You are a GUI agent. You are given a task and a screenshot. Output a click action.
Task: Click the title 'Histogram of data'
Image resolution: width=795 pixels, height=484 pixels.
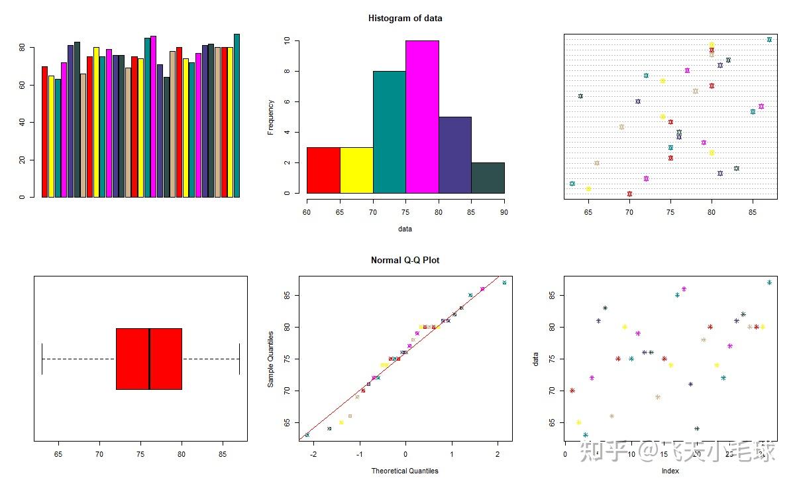pos(405,19)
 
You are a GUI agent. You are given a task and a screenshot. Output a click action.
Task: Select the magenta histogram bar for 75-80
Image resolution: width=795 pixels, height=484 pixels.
pos(422,117)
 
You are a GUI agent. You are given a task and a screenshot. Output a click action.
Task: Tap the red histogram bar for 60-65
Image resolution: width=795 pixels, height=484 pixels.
pos(323,170)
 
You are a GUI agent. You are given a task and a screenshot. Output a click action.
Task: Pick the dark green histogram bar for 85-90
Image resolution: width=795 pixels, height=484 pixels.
pos(488,178)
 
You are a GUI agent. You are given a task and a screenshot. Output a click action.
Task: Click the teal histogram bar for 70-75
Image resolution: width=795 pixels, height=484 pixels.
pos(389,132)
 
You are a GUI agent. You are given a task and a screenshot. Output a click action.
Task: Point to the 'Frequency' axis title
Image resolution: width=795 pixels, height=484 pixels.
pos(271,117)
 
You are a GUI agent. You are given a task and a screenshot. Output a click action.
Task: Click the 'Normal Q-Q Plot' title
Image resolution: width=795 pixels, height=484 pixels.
pos(405,261)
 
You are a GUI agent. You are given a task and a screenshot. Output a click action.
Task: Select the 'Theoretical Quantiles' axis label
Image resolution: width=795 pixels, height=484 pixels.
pos(405,471)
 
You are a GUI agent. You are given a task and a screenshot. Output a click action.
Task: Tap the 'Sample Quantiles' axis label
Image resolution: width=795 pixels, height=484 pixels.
pos(271,359)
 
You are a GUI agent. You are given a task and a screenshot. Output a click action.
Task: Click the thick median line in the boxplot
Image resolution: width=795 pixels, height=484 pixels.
pos(150,359)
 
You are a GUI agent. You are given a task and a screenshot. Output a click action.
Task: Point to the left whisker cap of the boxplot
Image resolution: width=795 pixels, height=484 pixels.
pos(42,359)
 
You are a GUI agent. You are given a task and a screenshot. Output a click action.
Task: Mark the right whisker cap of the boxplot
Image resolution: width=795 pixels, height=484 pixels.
pos(239,359)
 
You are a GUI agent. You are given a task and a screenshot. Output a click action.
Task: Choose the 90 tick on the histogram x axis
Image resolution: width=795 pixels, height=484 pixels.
pos(504,212)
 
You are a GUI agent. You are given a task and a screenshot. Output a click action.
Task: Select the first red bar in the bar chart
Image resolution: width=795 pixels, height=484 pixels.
pos(44,131)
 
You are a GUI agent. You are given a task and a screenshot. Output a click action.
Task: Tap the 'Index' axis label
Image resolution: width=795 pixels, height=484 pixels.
pos(670,471)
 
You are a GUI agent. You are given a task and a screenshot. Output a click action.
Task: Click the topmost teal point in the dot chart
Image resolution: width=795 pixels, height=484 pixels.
pos(769,40)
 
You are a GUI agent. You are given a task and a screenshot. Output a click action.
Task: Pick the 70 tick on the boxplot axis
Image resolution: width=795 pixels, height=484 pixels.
pos(99,454)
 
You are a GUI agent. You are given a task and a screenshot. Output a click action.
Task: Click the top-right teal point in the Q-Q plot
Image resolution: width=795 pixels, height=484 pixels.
pos(504,282)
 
